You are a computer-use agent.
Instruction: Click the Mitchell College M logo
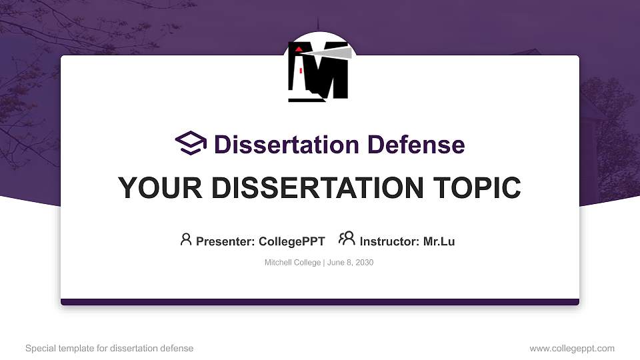(319, 71)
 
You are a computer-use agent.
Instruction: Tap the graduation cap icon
(191, 143)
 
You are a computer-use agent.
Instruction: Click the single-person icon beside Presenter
(186, 239)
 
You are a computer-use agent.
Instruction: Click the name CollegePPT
(291, 241)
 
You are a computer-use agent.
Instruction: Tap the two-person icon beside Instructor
(347, 239)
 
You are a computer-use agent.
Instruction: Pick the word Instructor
(388, 241)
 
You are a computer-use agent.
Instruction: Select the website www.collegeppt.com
(572, 349)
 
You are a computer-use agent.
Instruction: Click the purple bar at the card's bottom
(320, 302)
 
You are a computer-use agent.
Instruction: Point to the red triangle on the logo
(299, 49)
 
